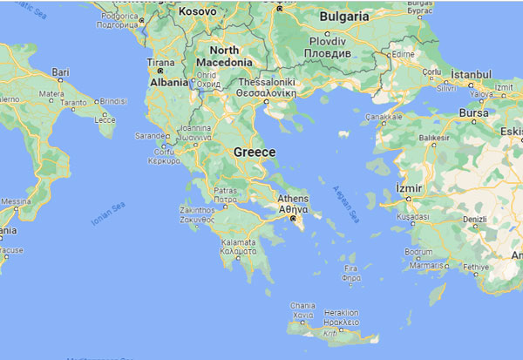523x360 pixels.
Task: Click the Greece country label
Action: click(x=255, y=153)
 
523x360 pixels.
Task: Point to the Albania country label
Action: click(x=166, y=81)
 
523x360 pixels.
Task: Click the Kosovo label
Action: click(x=197, y=12)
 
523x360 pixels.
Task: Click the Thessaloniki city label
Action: click(x=270, y=83)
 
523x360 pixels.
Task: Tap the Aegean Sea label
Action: click(x=345, y=201)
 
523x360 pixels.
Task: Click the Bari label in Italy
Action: click(x=61, y=71)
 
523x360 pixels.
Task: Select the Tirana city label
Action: click(x=160, y=64)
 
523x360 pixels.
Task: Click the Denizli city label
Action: click(x=478, y=219)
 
